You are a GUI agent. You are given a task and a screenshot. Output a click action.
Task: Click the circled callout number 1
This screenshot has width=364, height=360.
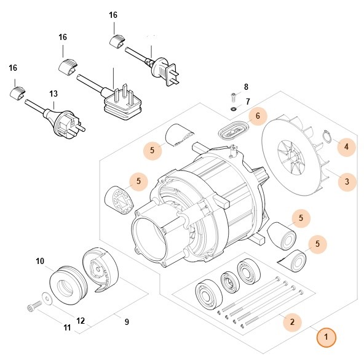(x=326, y=337)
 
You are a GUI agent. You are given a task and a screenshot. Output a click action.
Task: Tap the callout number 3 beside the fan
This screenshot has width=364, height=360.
(x=347, y=182)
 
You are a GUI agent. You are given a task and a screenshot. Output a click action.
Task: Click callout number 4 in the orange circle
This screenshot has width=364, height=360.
(x=346, y=146)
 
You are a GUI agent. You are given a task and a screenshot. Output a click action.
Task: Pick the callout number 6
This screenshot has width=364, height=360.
(x=258, y=115)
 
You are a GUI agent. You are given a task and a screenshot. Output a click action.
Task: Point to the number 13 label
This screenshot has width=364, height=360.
(x=53, y=94)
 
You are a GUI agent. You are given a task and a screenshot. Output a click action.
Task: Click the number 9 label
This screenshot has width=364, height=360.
(x=127, y=321)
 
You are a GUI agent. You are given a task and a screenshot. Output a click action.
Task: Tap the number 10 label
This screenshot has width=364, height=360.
(x=40, y=262)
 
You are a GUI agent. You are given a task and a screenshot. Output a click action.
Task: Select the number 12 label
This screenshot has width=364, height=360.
(x=80, y=321)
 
